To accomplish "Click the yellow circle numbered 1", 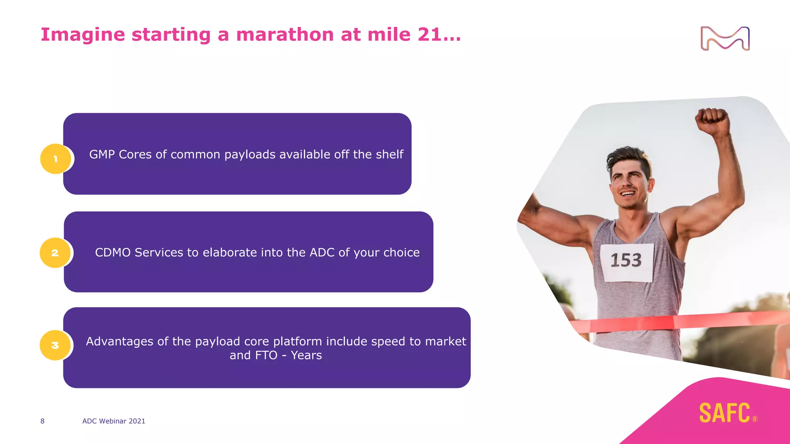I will click(56, 159).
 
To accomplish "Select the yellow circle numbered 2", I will click(55, 253).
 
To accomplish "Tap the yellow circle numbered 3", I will click(55, 345).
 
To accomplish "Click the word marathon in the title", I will click(285, 35).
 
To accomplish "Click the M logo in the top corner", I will click(725, 39).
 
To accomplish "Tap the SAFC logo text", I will click(725, 413).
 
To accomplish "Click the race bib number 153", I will click(626, 261).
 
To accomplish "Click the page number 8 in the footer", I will click(42, 421).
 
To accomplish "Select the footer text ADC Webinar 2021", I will click(114, 421).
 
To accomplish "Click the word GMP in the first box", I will click(102, 155).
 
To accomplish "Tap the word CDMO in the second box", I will click(113, 252).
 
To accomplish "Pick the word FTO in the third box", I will click(265, 355).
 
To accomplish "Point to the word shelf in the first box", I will click(389, 155).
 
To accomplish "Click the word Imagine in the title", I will click(83, 35).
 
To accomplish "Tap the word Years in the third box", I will click(306, 355).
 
